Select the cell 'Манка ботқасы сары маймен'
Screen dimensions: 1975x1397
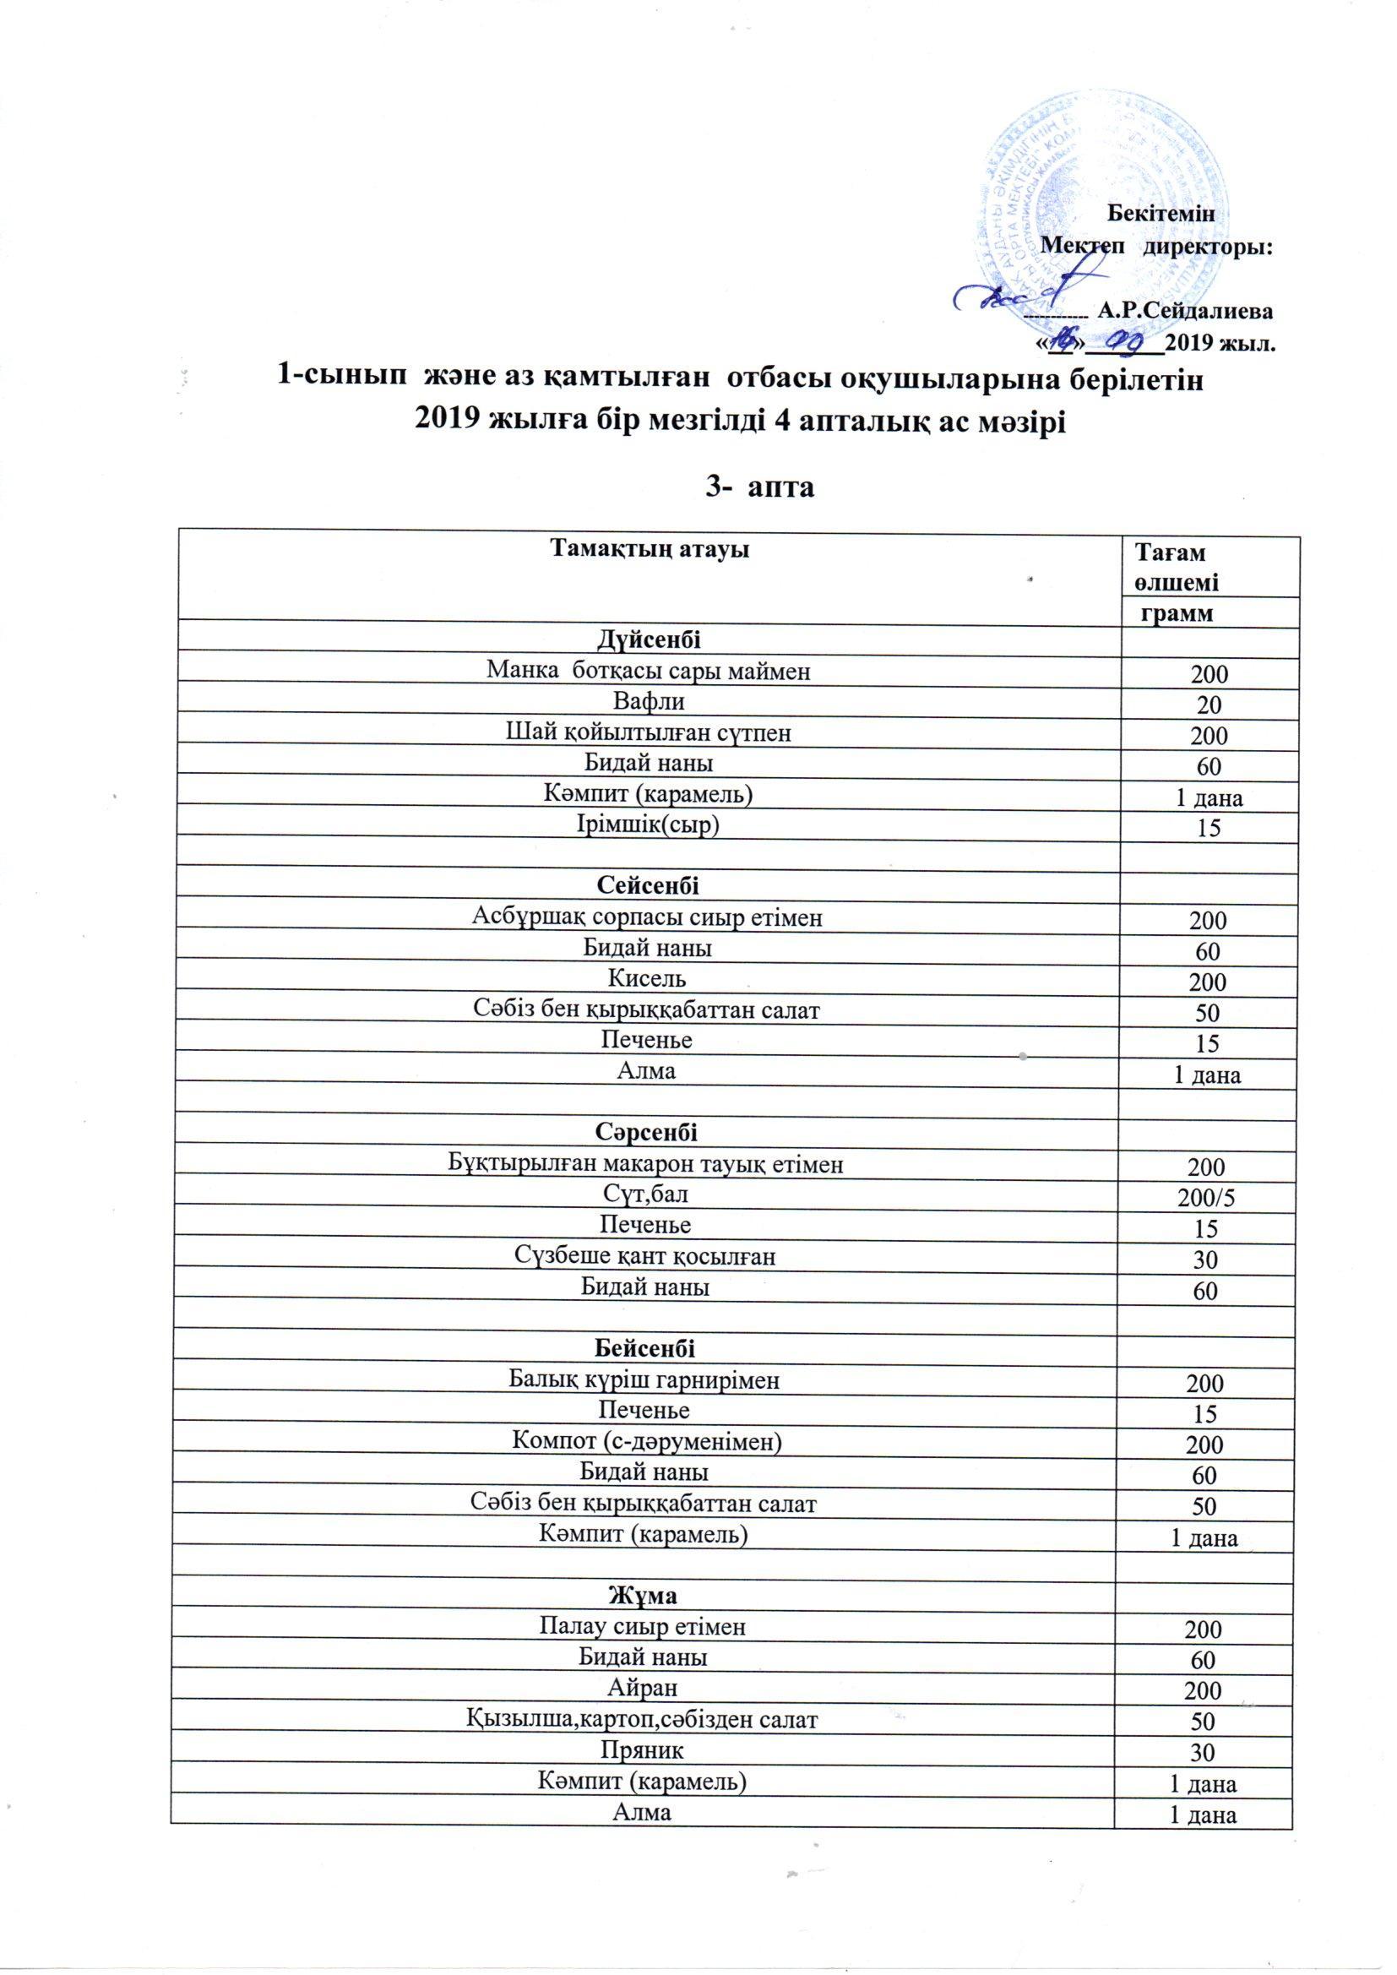click(x=649, y=670)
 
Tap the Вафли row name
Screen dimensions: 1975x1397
click(x=649, y=701)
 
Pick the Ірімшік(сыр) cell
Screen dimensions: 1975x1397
click(x=649, y=824)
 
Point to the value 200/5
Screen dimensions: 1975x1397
click(x=1209, y=1197)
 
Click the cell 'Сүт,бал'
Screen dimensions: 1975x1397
click(x=649, y=1194)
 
